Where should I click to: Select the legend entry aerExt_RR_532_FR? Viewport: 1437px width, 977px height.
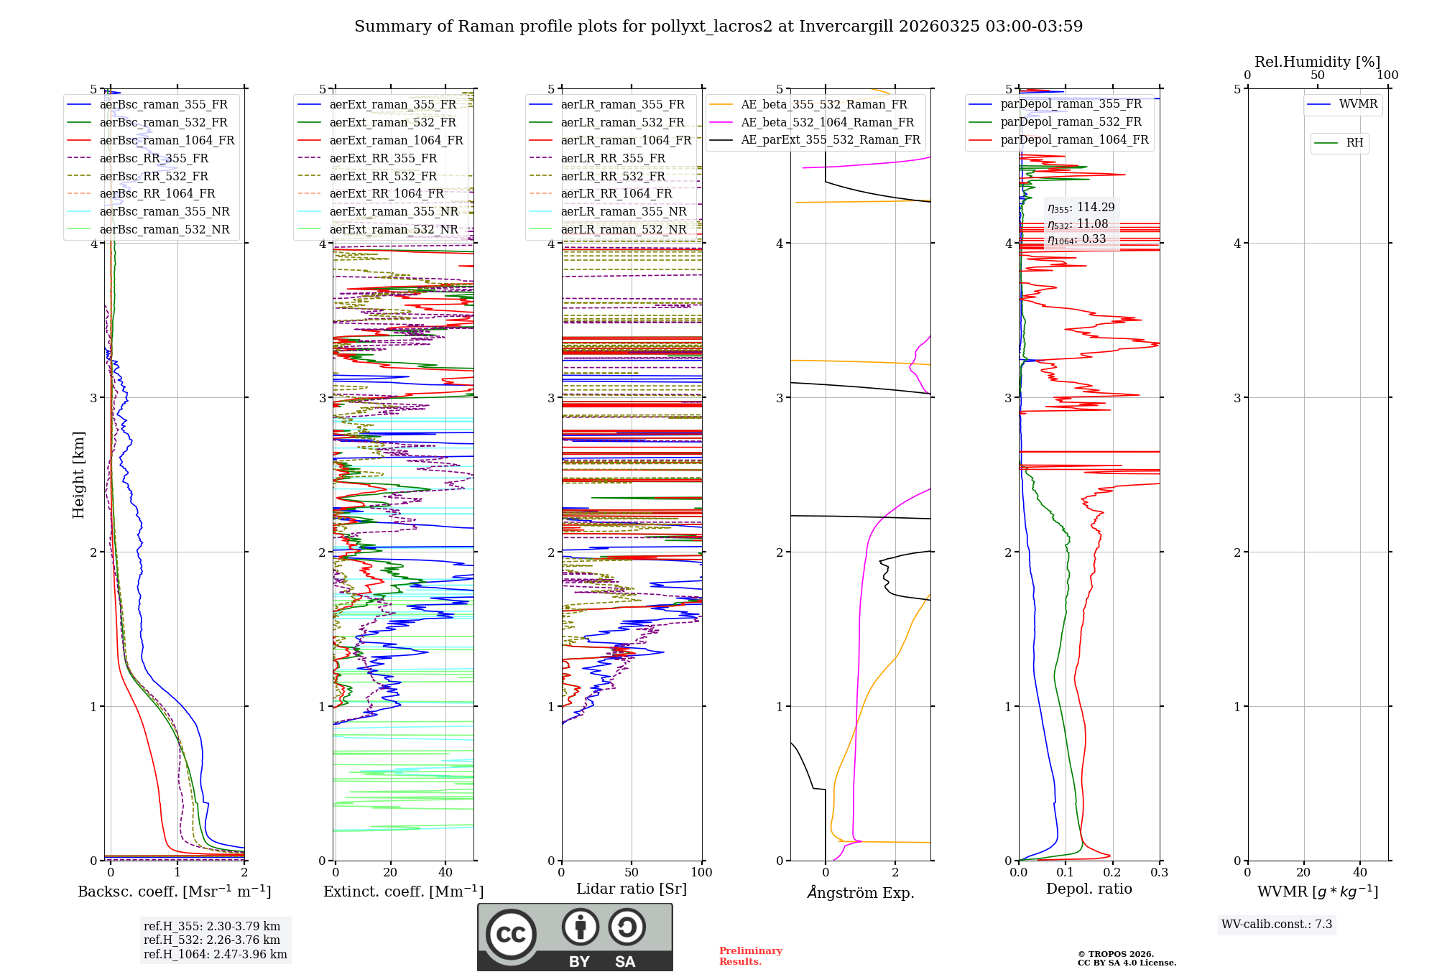pyautogui.click(x=382, y=176)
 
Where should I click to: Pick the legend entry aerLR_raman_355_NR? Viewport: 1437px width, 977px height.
pyautogui.click(x=623, y=211)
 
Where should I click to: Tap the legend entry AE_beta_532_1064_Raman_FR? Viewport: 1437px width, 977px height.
pyautogui.click(x=827, y=122)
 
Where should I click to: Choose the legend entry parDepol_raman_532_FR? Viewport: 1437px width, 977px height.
pyautogui.click(x=1071, y=122)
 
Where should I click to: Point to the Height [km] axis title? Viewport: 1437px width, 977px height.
pyautogui.click(x=78, y=475)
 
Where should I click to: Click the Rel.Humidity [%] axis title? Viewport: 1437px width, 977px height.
pyautogui.click(x=1317, y=62)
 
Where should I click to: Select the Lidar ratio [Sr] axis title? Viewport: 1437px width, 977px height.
pyautogui.click(x=631, y=889)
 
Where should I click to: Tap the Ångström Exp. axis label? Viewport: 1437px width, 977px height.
pyautogui.click(x=860, y=893)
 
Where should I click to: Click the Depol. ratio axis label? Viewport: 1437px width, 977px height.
pyautogui.click(x=1089, y=889)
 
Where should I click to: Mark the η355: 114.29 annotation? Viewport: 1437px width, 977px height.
pyautogui.click(x=1081, y=208)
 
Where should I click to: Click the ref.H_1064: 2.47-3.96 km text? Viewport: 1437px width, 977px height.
pyautogui.click(x=215, y=954)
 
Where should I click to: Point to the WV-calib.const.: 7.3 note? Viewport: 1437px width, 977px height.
pyautogui.click(x=1276, y=924)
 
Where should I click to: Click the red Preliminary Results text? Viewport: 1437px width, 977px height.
pyautogui.click(x=750, y=955)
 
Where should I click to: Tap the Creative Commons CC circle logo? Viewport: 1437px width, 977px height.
pyautogui.click(x=511, y=934)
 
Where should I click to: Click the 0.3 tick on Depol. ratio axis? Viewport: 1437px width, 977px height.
pyautogui.click(x=1159, y=872)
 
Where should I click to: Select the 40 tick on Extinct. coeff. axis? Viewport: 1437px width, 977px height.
pyautogui.click(x=445, y=872)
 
